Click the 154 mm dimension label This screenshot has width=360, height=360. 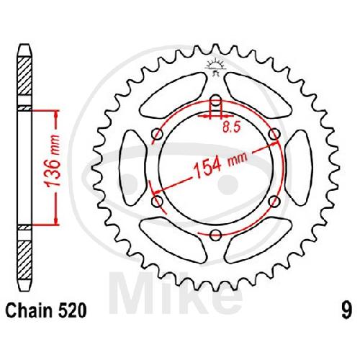click(x=220, y=166)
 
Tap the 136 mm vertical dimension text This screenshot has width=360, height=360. click(x=52, y=161)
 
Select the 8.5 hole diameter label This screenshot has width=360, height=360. click(x=231, y=127)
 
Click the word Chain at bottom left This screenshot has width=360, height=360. click(x=29, y=311)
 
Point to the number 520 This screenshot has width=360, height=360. click(x=71, y=311)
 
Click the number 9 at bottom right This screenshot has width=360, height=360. click(x=347, y=311)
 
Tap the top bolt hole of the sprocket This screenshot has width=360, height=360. click(x=216, y=101)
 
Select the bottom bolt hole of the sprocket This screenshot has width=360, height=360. click(x=215, y=235)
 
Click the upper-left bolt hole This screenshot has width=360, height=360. click(x=158, y=134)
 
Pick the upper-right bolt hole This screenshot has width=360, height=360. click(x=274, y=134)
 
